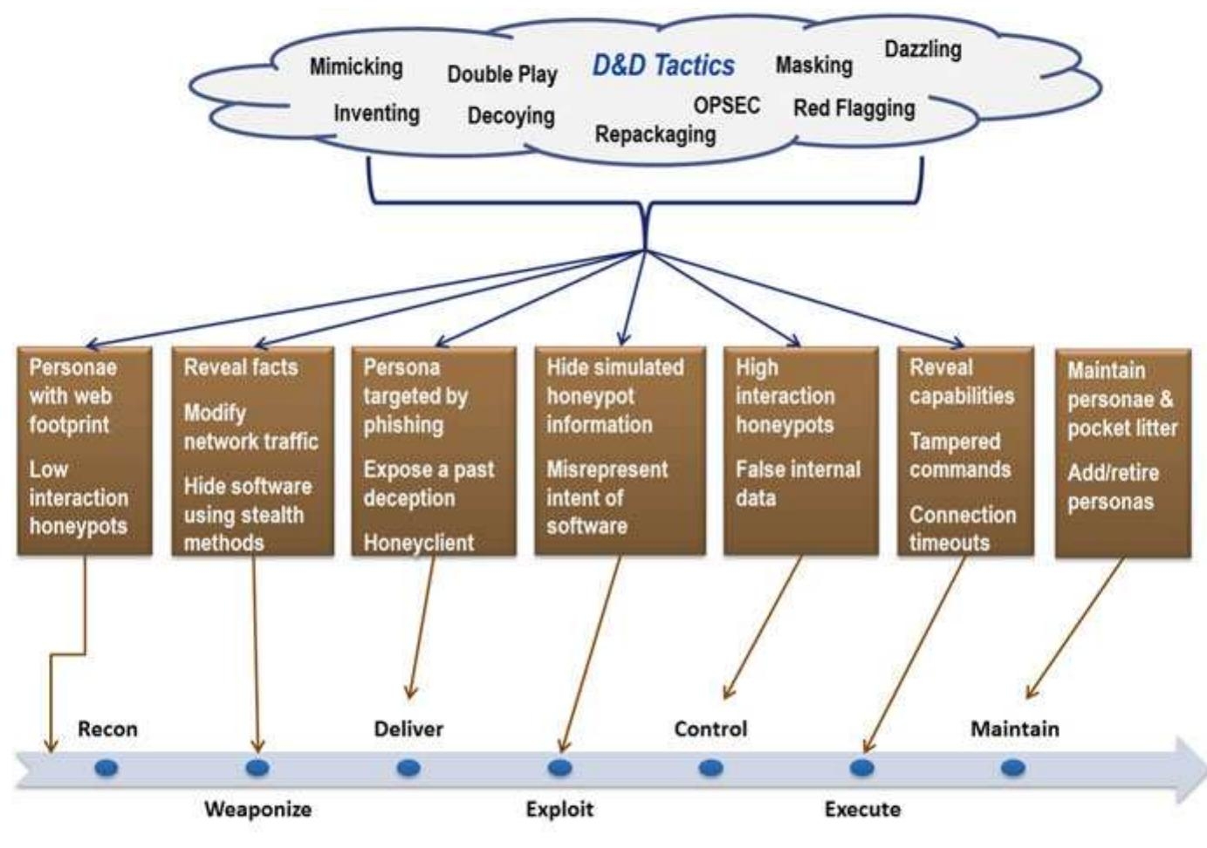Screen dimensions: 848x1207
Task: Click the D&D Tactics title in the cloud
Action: [663, 65]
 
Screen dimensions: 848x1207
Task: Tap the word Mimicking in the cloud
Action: [356, 67]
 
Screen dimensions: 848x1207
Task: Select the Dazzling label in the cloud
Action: [922, 49]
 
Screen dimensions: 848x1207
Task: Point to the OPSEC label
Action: [726, 106]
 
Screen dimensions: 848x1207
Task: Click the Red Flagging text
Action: [854, 108]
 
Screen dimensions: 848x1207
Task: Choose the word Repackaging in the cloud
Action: [655, 134]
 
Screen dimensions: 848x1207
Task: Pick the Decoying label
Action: [511, 115]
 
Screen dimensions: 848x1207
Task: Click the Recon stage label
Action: [107, 728]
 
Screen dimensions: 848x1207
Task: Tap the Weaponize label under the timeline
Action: [257, 809]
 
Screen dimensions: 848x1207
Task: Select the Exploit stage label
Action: [559, 809]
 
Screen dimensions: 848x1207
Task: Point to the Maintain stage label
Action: [1014, 728]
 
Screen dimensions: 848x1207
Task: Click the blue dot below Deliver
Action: [408, 769]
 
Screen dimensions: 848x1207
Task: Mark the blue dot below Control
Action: [710, 769]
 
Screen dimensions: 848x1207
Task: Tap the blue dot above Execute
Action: [862, 769]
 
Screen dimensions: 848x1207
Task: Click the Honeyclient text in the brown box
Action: [419, 543]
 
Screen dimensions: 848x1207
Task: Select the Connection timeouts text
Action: [962, 528]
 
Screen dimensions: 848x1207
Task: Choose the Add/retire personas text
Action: [1113, 487]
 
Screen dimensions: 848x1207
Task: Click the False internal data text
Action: [797, 483]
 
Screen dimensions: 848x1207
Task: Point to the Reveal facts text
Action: [240, 367]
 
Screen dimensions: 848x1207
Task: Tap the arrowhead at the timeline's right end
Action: [1190, 769]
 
